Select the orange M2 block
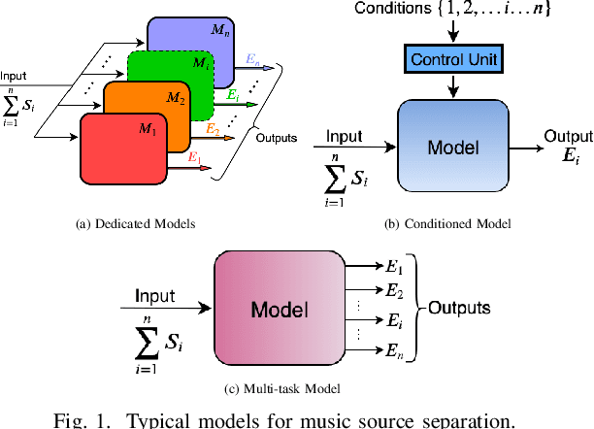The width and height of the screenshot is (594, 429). [x=146, y=107]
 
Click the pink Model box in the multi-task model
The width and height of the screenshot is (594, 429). [x=280, y=310]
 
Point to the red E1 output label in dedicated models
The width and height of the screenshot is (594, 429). [x=194, y=156]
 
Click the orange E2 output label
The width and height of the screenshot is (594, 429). [x=213, y=126]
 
